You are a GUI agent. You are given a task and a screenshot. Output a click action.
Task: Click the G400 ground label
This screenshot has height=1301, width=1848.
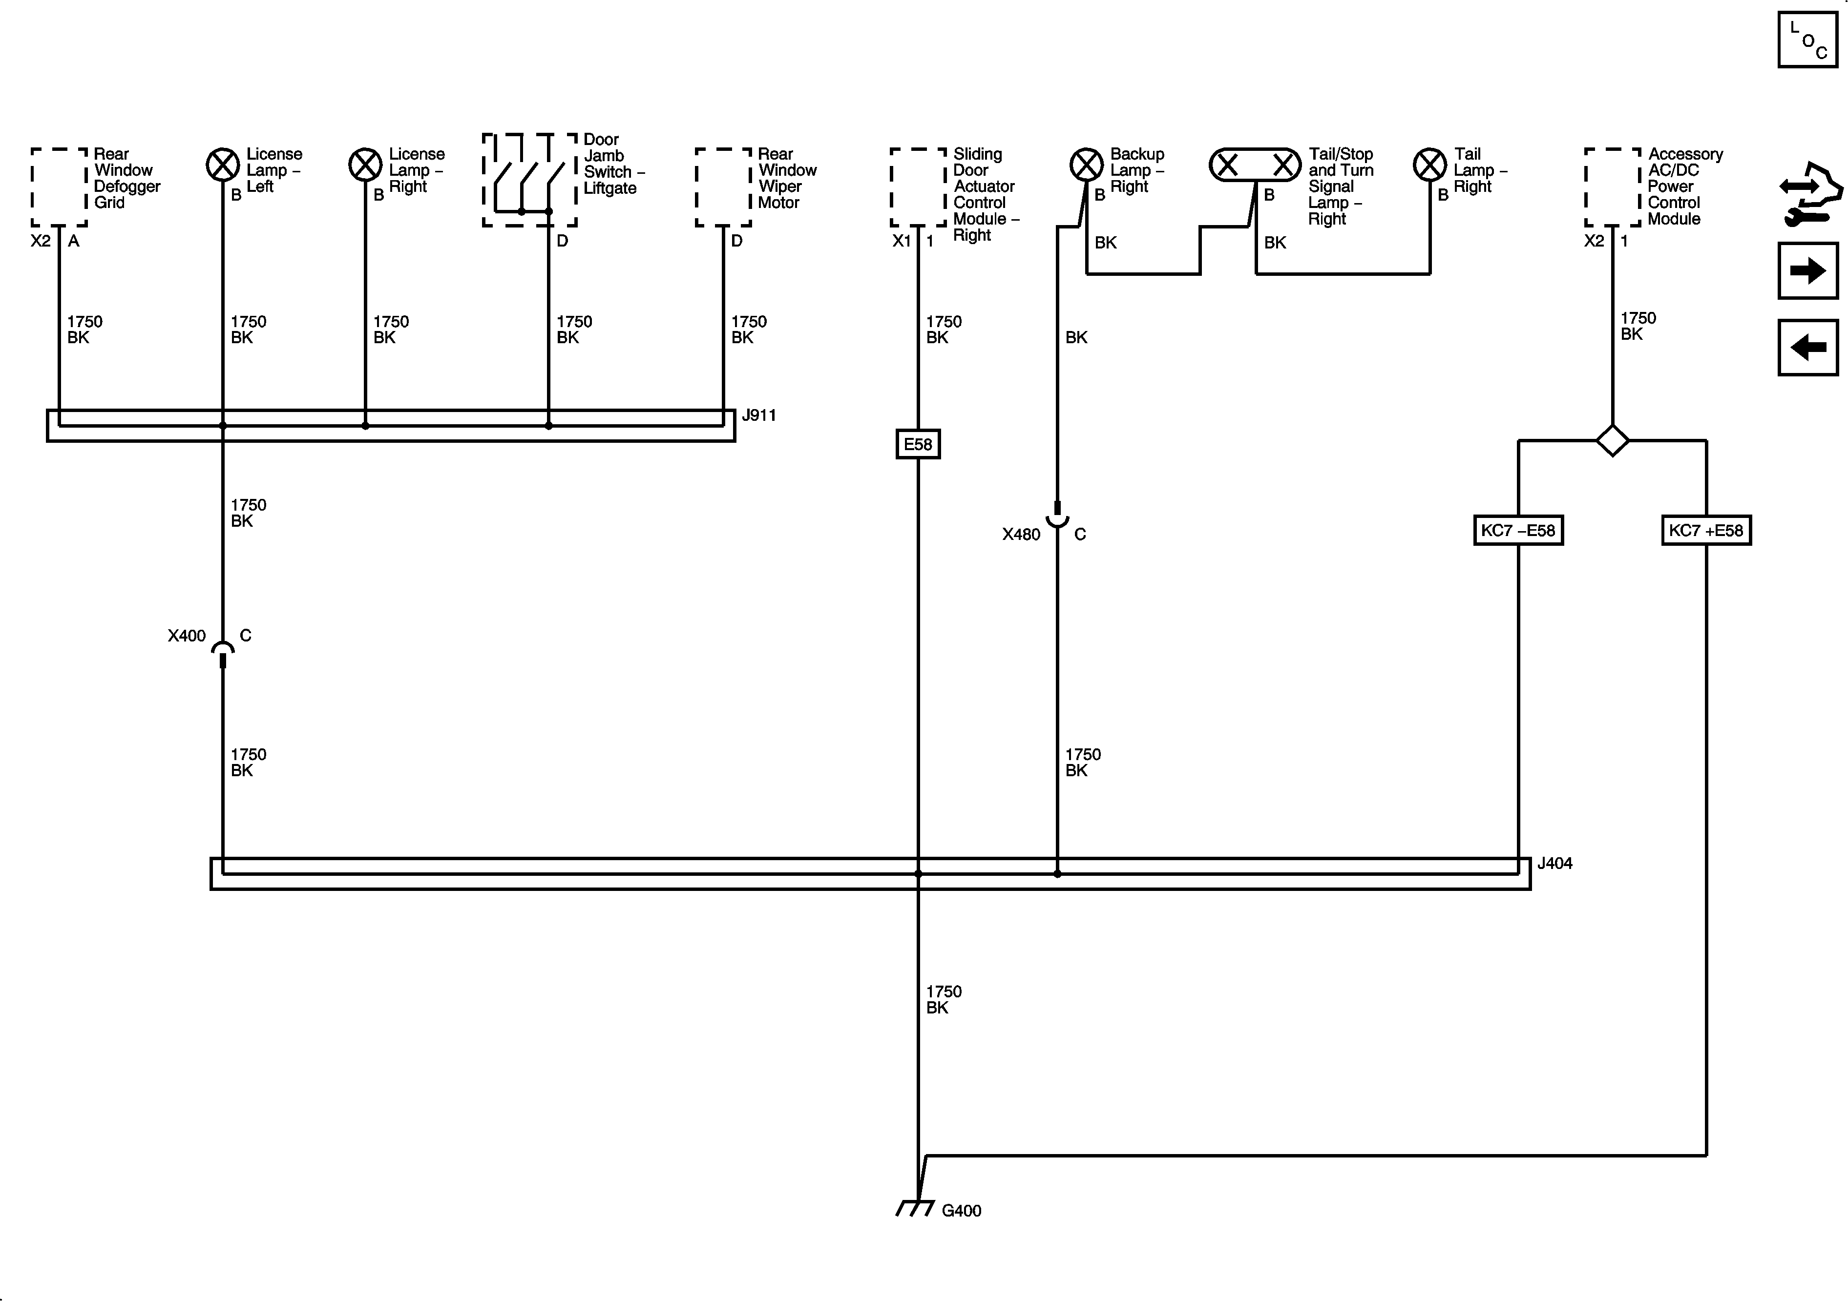961,1211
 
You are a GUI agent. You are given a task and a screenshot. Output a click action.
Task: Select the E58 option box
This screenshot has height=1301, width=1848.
918,444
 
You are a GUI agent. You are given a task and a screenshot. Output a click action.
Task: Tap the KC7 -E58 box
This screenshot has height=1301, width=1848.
1518,530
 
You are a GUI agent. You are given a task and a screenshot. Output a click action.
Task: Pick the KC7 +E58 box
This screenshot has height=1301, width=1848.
1705,530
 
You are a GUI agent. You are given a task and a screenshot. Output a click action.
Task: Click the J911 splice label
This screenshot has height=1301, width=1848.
758,415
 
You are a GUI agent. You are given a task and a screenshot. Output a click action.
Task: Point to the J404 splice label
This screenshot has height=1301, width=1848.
1554,863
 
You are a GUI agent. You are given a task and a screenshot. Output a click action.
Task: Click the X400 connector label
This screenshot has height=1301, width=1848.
187,636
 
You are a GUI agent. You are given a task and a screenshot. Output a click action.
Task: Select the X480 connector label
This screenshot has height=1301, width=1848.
1021,534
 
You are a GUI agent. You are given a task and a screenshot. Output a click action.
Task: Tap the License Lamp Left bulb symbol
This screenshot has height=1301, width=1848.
223,165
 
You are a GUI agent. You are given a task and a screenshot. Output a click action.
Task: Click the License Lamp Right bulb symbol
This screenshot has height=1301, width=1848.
365,165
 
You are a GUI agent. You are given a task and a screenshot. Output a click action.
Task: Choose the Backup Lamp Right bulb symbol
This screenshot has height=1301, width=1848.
1086,165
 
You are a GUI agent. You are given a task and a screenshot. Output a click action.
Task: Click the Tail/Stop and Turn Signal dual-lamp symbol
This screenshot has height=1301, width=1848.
1255,165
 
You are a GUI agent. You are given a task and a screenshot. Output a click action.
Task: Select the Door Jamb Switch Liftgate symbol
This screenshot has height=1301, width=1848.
529,180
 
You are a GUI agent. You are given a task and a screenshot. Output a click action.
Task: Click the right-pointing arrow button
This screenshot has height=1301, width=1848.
1808,270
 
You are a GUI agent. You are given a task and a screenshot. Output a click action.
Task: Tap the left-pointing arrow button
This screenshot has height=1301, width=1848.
1808,348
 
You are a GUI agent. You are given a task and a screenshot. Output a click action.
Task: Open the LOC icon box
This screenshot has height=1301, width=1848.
1808,40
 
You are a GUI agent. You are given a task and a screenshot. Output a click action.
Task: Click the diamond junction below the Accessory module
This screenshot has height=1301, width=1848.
1612,440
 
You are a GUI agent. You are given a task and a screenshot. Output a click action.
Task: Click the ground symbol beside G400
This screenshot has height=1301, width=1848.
915,1208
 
